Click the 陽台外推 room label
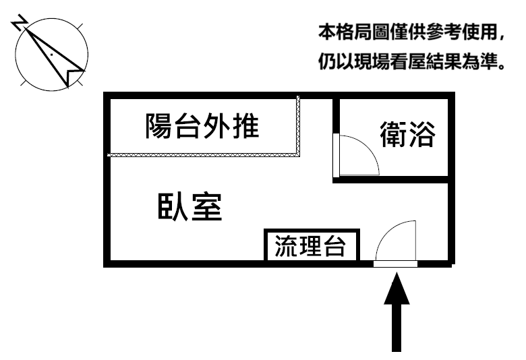[202, 126]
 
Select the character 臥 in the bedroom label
[171, 207]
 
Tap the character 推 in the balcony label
[245, 126]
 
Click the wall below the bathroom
[391, 179]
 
